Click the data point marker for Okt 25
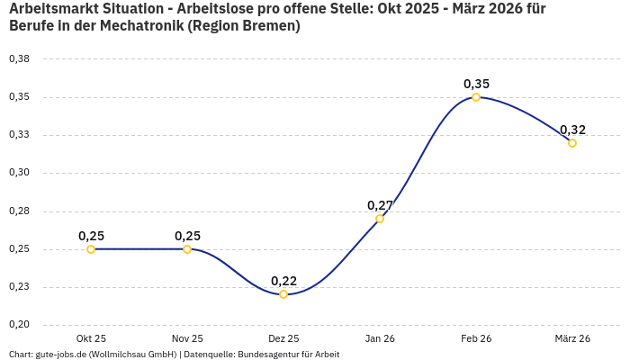(91, 249)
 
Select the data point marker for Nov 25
(187, 249)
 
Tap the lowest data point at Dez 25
(283, 294)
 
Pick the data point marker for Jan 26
(380, 219)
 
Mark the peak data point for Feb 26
(476, 97)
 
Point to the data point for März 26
(572, 143)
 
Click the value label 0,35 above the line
(476, 84)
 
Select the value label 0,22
(283, 281)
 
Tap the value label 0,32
(572, 130)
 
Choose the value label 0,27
(380, 205)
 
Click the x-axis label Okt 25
(91, 338)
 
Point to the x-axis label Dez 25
(283, 338)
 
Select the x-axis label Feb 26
(476, 338)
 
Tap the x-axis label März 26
(572, 338)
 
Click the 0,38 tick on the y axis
(19, 59)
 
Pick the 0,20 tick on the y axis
(19, 325)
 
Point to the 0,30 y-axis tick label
(19, 173)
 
